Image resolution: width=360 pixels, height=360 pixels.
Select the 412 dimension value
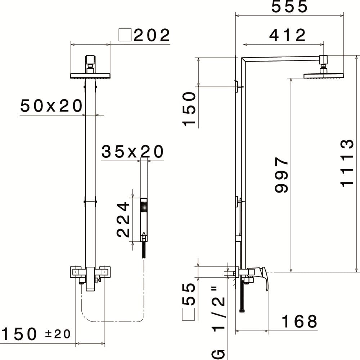(x=287, y=35)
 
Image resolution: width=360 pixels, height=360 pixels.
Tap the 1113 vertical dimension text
(x=347, y=163)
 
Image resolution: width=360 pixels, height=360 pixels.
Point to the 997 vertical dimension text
(x=282, y=175)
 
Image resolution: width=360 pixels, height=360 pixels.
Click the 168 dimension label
(x=299, y=321)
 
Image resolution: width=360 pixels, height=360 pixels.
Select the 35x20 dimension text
(x=132, y=152)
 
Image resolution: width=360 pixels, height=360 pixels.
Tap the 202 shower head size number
(x=152, y=35)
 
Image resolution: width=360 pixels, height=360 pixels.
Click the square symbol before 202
(x=125, y=36)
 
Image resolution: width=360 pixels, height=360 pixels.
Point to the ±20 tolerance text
(x=58, y=334)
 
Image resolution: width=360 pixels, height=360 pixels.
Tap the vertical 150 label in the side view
(x=189, y=109)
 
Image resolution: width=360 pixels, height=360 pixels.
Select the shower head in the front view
(x=90, y=75)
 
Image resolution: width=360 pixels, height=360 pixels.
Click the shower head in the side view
(x=324, y=75)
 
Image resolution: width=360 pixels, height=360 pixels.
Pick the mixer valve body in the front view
(x=90, y=276)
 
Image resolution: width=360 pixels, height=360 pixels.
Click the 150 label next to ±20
(x=20, y=334)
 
